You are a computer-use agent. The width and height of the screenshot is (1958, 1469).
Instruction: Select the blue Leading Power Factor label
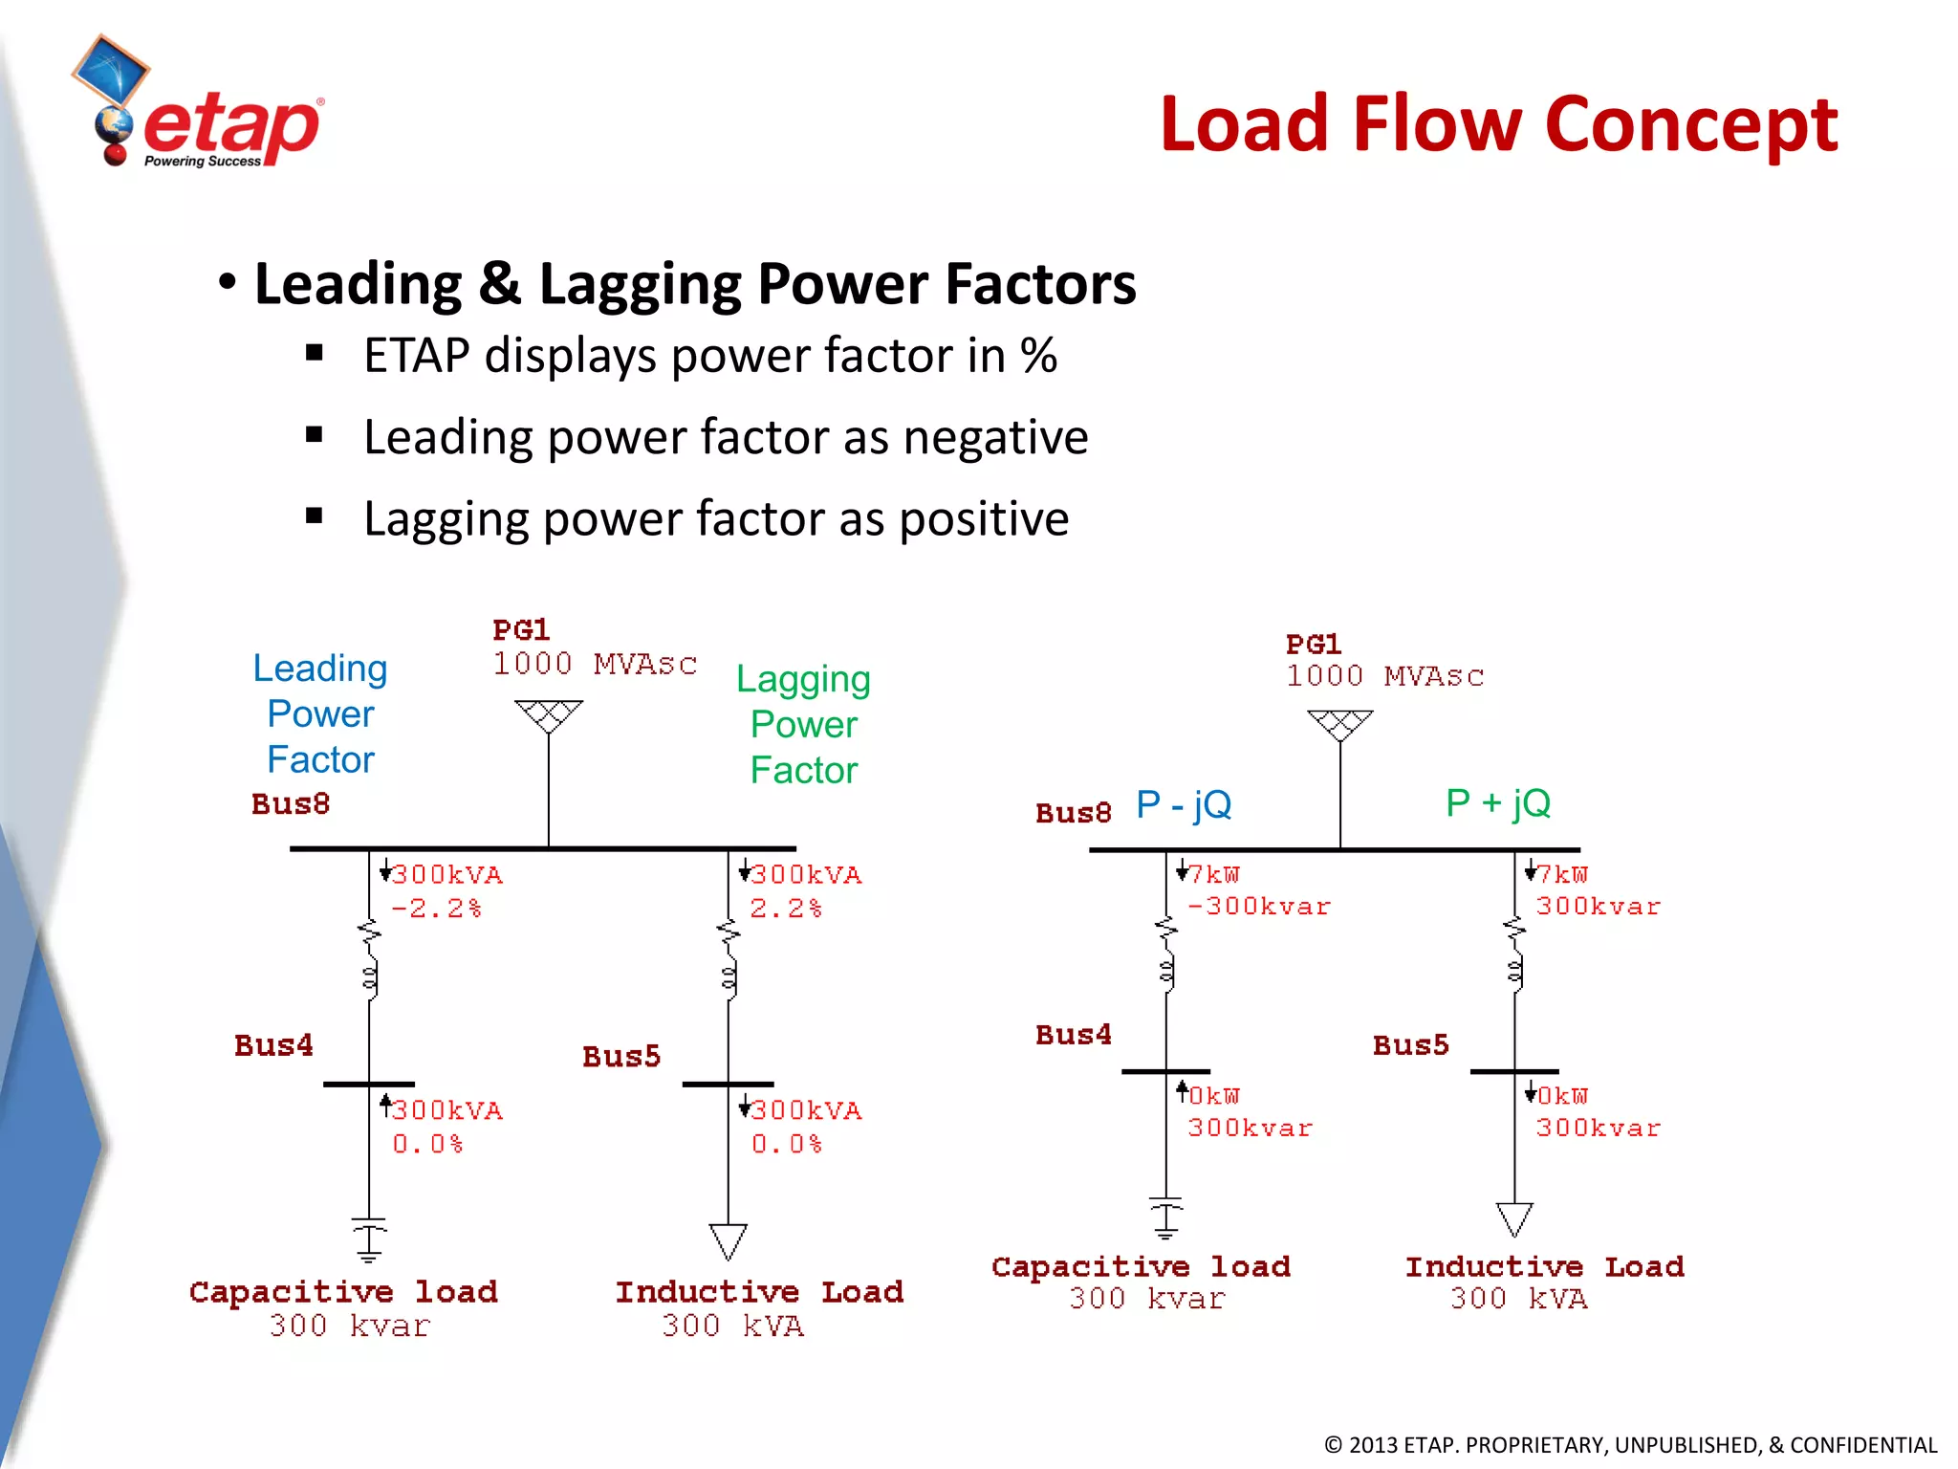(320, 713)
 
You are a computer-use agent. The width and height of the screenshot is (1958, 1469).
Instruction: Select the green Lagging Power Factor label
(803, 724)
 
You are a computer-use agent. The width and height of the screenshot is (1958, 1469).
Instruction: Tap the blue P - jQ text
(1184, 804)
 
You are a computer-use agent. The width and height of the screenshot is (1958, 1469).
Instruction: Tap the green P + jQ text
(1498, 803)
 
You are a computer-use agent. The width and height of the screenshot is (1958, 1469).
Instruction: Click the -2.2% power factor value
(436, 909)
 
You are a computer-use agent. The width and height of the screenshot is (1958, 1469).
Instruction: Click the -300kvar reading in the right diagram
(1258, 907)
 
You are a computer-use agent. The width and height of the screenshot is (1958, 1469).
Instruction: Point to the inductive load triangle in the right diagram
(1514, 1218)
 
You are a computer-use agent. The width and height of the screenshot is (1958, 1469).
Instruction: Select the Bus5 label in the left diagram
(621, 1057)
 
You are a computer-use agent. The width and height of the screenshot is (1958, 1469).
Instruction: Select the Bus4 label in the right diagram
(1074, 1035)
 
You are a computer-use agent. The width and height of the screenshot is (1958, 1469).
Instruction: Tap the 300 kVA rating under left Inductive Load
(733, 1326)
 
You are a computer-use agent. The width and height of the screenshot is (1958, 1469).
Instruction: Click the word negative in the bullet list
(995, 438)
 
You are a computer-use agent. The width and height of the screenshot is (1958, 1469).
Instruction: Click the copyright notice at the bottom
(1630, 1444)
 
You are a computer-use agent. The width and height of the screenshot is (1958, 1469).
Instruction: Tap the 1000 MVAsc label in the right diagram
(1384, 676)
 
